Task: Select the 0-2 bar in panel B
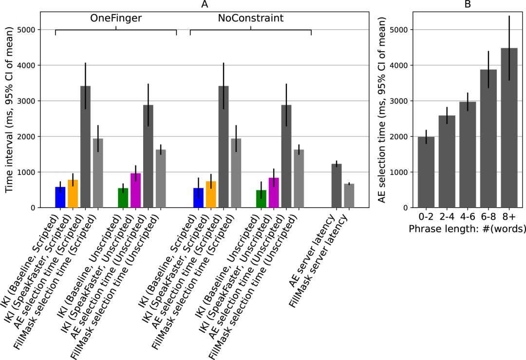pos(426,172)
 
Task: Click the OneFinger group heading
pos(115,19)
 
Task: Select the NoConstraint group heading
pos(251,19)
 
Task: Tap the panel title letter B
pos(468,4)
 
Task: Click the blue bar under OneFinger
pos(60,197)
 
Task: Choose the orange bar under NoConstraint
pos(211,194)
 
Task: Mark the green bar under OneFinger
pos(123,198)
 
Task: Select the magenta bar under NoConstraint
pos(274,193)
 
